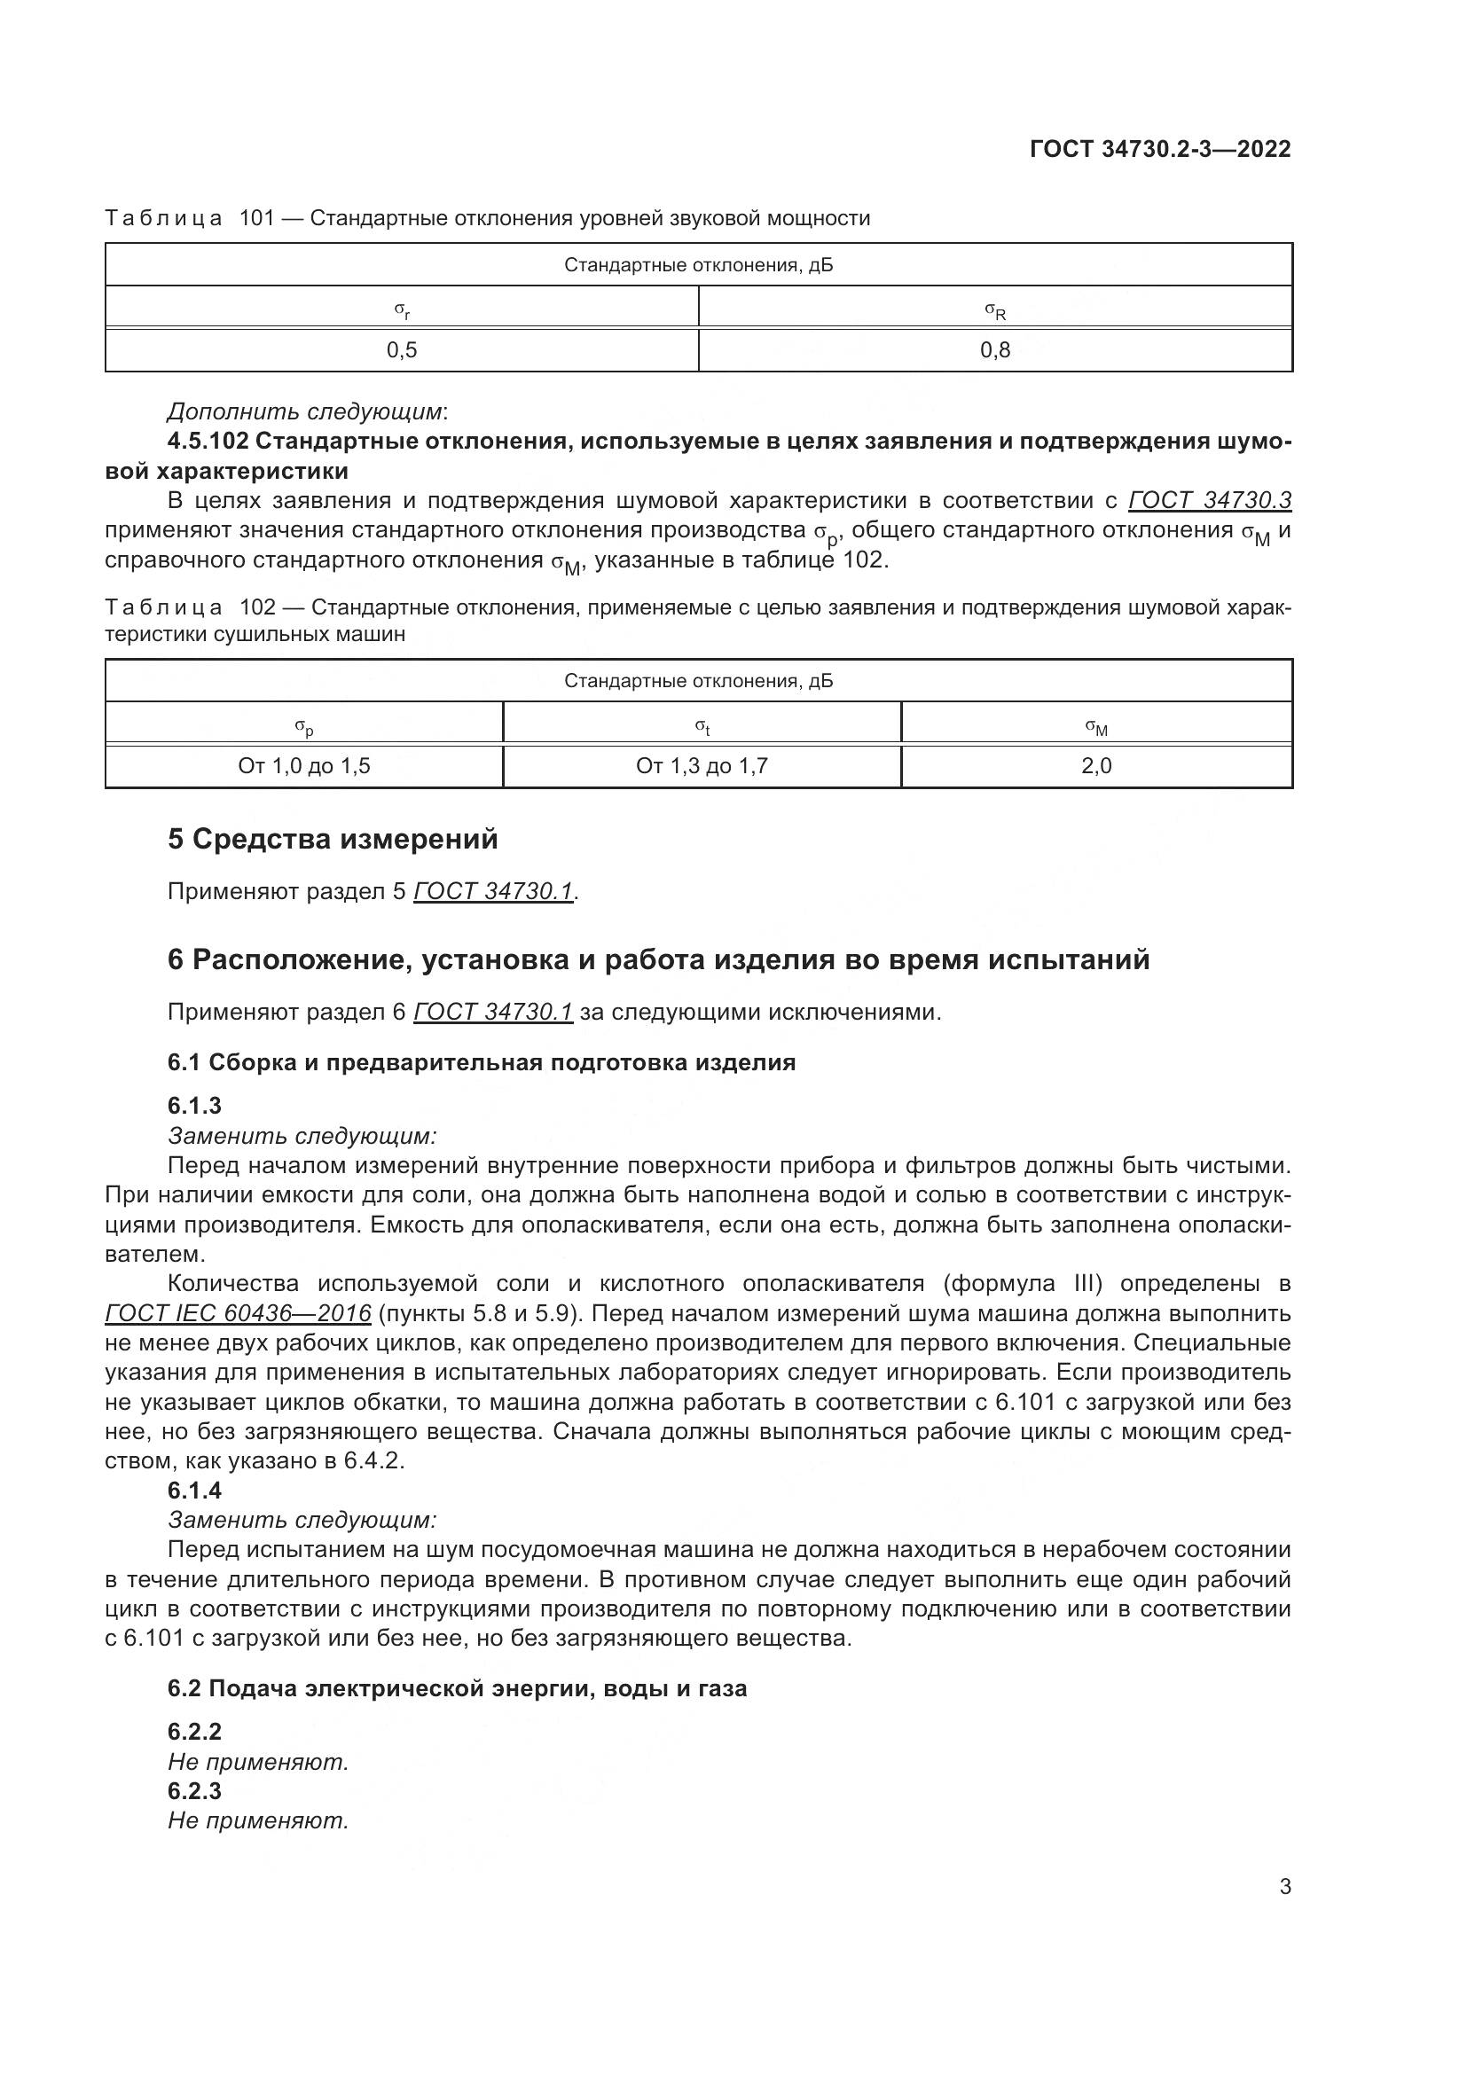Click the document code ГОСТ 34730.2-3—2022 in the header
coord(1160,149)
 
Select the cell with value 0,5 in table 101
coord(402,349)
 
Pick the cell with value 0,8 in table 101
coord(994,349)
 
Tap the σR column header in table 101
coord(994,310)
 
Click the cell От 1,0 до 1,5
coord(304,766)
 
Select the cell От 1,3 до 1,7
coord(702,766)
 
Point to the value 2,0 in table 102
coord(1095,766)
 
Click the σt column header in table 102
coord(702,726)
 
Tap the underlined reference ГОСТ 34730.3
coord(1210,500)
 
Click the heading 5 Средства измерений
coord(333,839)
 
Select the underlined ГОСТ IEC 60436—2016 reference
coord(239,1312)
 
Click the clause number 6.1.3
coord(194,1106)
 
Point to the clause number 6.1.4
coord(194,1491)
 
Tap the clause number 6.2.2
coord(194,1732)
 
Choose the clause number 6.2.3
coord(194,1791)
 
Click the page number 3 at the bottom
coord(1284,1887)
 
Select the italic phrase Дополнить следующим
coord(305,412)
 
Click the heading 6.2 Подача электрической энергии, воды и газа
coord(457,1688)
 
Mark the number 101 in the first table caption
coord(256,218)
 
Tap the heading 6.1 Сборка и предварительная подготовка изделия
coord(482,1062)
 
